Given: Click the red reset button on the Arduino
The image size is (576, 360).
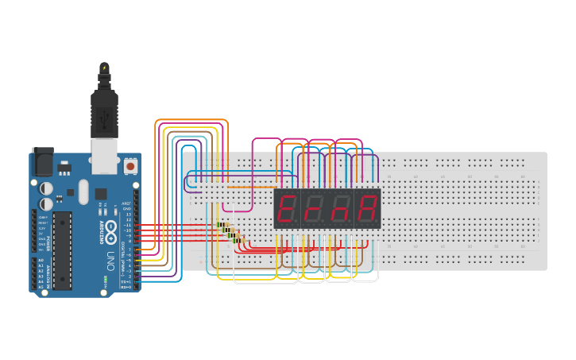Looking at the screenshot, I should (130, 167).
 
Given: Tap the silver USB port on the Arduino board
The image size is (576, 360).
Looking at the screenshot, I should (104, 155).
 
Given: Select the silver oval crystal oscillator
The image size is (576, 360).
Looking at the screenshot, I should (83, 190).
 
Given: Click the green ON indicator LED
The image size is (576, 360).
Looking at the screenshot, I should (105, 281).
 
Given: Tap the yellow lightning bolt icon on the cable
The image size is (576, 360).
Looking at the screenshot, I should (104, 68).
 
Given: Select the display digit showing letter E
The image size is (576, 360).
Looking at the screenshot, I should (287, 209).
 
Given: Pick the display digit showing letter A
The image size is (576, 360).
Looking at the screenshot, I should (367, 209).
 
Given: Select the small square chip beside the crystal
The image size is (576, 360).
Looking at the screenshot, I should (102, 194).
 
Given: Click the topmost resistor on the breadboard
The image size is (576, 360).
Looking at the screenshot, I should (222, 225).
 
